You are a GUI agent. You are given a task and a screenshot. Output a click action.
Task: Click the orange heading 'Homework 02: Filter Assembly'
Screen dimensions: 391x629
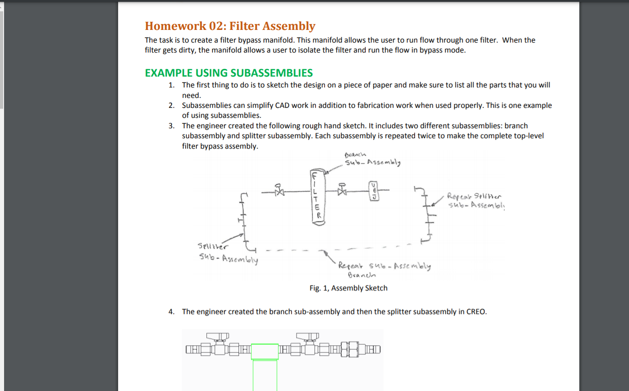pos(230,26)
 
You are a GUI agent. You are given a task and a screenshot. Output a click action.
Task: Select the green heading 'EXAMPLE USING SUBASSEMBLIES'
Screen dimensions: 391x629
pos(229,73)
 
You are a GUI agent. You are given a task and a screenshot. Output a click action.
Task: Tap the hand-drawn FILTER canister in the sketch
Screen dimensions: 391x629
pos(318,196)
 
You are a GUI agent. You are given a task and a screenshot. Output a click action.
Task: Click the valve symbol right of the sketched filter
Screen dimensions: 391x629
pos(342,190)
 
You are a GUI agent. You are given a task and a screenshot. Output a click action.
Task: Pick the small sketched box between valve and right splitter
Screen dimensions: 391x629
pos(374,191)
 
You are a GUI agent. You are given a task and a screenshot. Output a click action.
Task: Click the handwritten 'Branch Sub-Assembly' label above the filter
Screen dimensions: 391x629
pos(372,159)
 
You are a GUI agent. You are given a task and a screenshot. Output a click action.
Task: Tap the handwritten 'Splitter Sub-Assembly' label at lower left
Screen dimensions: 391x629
pos(228,253)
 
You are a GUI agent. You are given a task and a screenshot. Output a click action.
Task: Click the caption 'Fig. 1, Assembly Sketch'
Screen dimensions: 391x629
pos(348,288)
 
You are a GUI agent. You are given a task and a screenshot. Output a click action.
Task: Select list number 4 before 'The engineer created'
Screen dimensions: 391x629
pos(171,312)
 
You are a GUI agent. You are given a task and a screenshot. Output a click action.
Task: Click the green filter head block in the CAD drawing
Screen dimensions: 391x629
pos(265,352)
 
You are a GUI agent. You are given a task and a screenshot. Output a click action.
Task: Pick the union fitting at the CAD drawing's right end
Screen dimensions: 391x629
pos(353,349)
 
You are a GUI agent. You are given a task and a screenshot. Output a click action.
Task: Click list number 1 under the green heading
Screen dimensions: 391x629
pos(171,85)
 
